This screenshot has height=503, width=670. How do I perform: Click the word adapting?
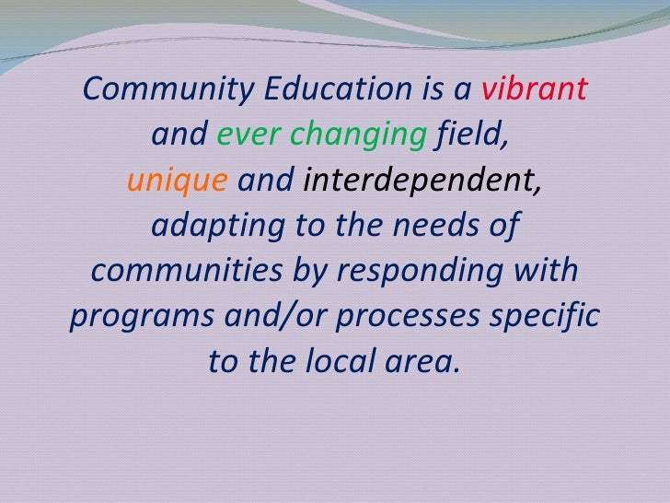[x=207, y=226]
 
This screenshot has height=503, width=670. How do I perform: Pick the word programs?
[x=137, y=318]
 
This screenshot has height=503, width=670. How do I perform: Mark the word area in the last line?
[x=424, y=361]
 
